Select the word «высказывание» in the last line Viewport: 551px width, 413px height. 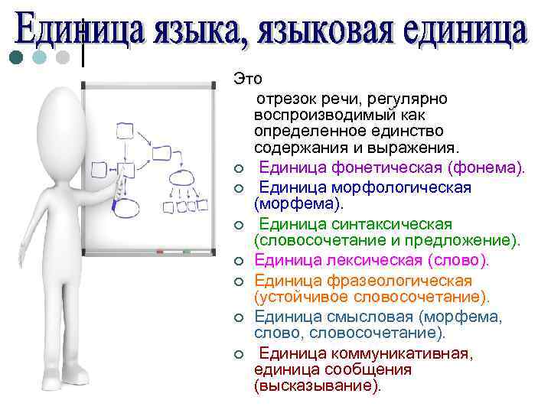click(315, 386)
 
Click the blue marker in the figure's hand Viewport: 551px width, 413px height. click(116, 201)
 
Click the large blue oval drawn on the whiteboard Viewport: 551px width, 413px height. click(128, 206)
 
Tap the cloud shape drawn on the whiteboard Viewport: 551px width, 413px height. click(181, 177)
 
